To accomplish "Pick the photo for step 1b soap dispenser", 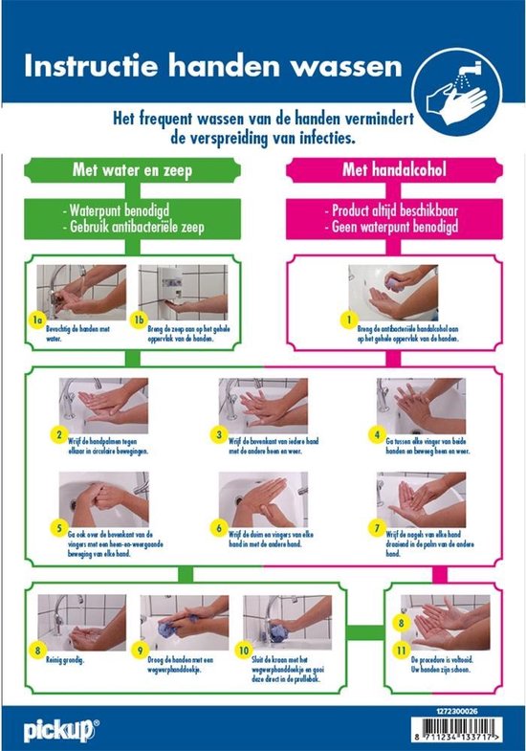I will pyautogui.click(x=183, y=291).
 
